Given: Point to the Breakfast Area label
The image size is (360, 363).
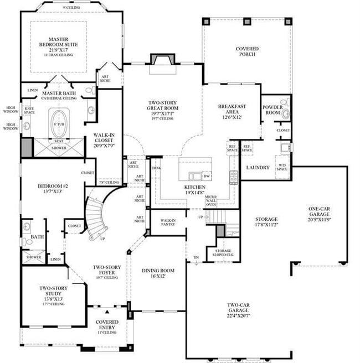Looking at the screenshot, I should point(232,109).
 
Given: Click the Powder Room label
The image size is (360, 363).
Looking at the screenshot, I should point(274,108).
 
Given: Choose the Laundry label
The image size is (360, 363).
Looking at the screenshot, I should point(258,168).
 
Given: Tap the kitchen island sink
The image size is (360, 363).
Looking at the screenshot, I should point(195,177).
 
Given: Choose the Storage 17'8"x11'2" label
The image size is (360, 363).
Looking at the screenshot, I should point(266,222).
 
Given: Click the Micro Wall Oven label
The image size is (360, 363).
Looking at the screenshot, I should point(210,200).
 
